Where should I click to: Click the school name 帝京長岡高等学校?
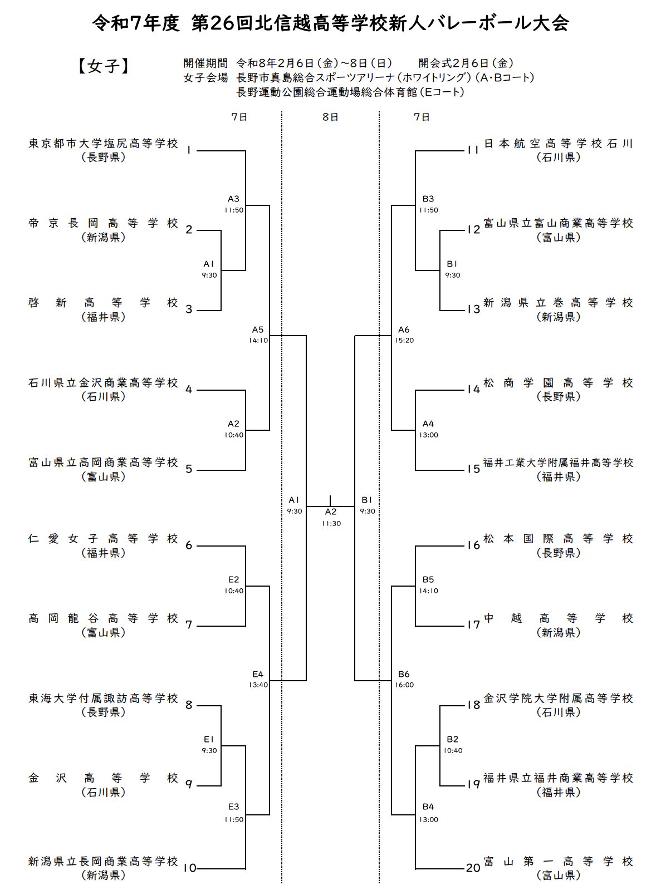tap(104, 224)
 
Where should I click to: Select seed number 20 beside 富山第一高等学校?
tap(473, 868)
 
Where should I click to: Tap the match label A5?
tap(257, 330)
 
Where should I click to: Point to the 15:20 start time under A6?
tap(404, 341)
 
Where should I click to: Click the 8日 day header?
tap(330, 117)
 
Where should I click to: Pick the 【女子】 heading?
tap(104, 67)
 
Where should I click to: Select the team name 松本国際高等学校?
tap(559, 539)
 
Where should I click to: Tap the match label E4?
tap(257, 675)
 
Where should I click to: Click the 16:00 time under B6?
tap(404, 685)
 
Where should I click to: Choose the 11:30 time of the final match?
tap(331, 524)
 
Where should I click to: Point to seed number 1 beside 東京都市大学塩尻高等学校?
tap(189, 150)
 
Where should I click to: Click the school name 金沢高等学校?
tap(104, 778)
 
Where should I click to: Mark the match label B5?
tap(428, 580)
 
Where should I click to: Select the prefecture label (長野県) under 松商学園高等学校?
tap(559, 397)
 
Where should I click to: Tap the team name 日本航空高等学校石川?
tap(559, 144)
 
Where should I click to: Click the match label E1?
tap(209, 740)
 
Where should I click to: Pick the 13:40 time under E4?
tap(258, 685)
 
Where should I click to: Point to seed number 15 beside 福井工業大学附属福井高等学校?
tap(473, 469)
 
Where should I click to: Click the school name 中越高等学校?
tap(559, 618)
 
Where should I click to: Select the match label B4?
tap(428, 807)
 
